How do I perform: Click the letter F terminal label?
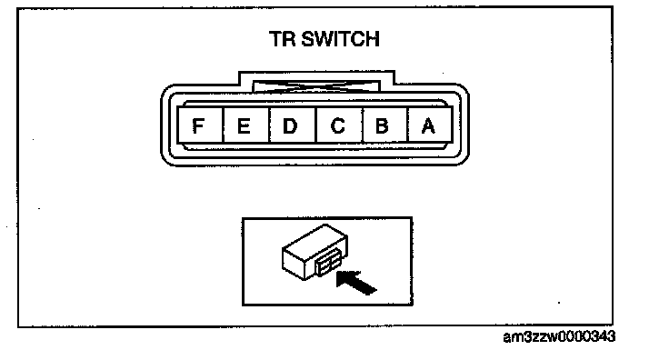[198, 125]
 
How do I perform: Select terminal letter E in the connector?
[244, 125]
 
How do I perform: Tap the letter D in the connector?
[290, 125]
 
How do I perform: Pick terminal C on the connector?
[337, 125]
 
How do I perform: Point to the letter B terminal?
[382, 125]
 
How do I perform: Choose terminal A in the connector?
[428, 125]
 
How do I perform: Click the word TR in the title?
[283, 39]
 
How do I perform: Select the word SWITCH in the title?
[341, 39]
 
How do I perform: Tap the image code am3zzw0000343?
[559, 336]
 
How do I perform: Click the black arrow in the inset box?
[355, 282]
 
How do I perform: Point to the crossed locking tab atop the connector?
[316, 86]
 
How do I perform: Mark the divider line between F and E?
[223, 125]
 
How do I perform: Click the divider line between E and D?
[269, 125]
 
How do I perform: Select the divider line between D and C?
[316, 125]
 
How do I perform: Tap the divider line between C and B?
[363, 125]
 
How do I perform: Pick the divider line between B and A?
[407, 125]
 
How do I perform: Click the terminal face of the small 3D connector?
[326, 264]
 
